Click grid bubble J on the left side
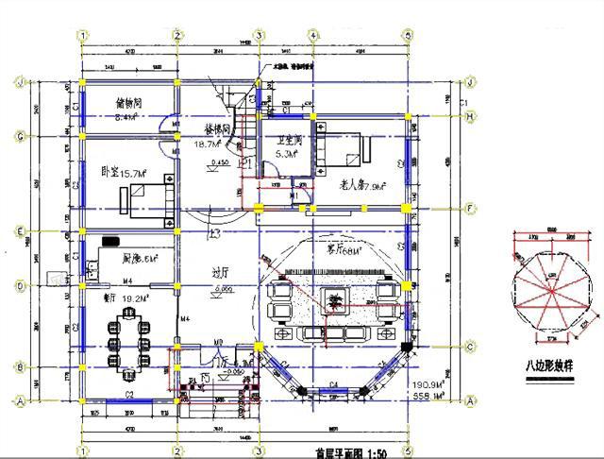pos(20,81)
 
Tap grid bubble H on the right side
pos(469,116)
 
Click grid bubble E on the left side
pos(20,229)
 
